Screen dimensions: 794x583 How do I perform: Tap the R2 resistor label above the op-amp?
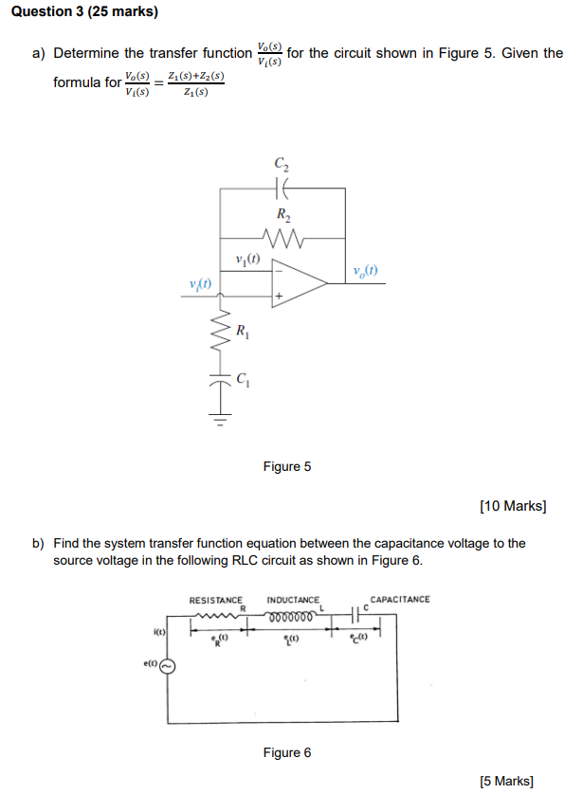point(282,214)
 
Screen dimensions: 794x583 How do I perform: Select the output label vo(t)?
point(364,270)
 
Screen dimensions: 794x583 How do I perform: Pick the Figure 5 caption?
point(286,466)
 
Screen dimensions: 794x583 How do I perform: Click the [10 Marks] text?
point(513,506)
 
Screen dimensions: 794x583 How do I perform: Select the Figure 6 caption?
point(286,752)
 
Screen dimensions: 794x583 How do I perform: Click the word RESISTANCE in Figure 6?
point(216,600)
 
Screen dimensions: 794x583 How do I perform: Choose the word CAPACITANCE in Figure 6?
point(399,599)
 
